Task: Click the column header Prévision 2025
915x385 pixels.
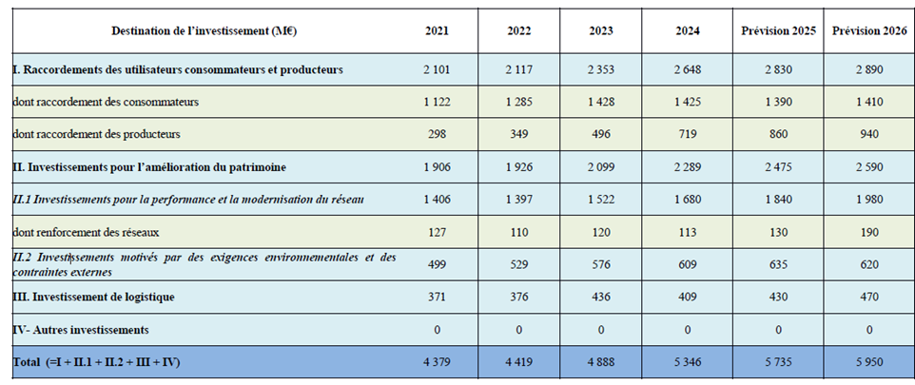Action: click(x=778, y=31)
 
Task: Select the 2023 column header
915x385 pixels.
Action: click(x=600, y=31)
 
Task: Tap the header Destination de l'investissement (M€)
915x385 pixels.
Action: click(x=204, y=31)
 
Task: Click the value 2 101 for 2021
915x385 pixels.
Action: click(x=438, y=70)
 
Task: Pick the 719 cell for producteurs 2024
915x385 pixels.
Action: click(x=688, y=134)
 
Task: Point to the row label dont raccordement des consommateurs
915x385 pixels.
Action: click(x=106, y=102)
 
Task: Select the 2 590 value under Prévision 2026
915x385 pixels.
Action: click(x=869, y=167)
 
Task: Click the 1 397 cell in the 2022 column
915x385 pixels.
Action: click(x=518, y=200)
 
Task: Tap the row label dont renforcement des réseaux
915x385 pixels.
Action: click(x=86, y=232)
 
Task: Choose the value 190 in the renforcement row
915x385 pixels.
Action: click(x=869, y=232)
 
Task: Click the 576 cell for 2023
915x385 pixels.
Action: click(x=600, y=265)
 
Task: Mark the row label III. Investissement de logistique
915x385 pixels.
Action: click(x=93, y=297)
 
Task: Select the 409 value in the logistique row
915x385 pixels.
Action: click(x=688, y=297)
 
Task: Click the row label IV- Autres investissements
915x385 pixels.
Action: click(x=81, y=330)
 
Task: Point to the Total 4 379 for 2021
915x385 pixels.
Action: click(x=438, y=362)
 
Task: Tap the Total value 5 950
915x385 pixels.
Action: click(x=869, y=362)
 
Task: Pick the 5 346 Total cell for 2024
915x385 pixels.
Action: click(x=688, y=362)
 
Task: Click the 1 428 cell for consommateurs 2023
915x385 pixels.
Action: click(x=600, y=102)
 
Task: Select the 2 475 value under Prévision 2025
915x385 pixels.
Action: click(x=778, y=167)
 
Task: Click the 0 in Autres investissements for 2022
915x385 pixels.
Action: click(x=518, y=330)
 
